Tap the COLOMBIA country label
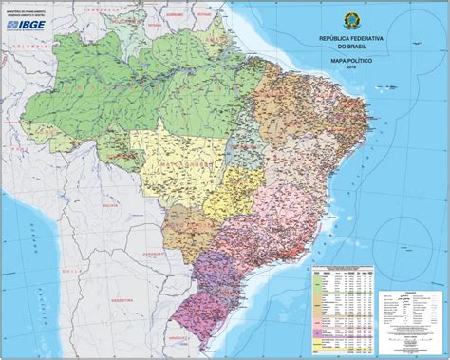(x=38, y=45)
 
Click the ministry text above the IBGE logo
(x=28, y=13)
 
